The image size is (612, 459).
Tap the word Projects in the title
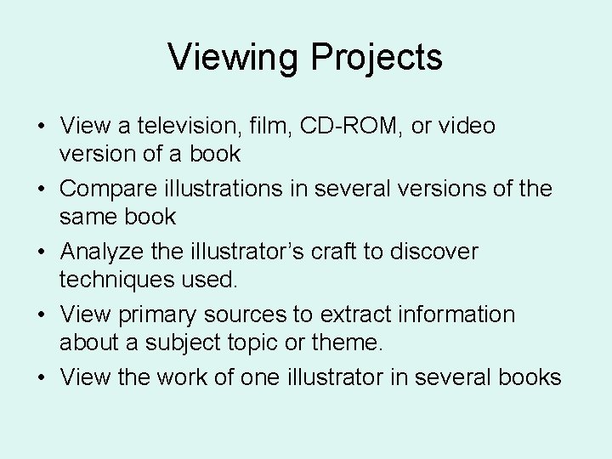click(x=376, y=58)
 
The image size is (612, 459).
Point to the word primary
click(x=158, y=314)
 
